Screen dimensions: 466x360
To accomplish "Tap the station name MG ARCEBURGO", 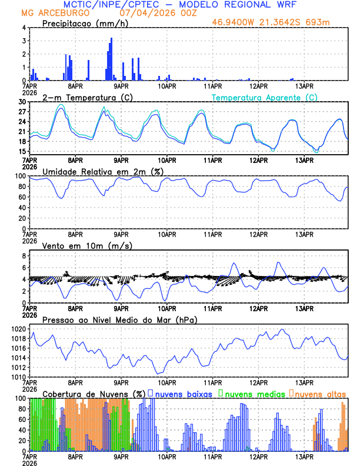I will click(56, 12).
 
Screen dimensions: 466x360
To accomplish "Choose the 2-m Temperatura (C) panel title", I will click(86, 97).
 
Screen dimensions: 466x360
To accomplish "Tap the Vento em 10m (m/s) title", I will click(87, 245).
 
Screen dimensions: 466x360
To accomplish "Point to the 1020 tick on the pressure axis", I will click(18, 329).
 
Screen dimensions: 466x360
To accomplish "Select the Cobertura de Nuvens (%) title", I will click(94, 393).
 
